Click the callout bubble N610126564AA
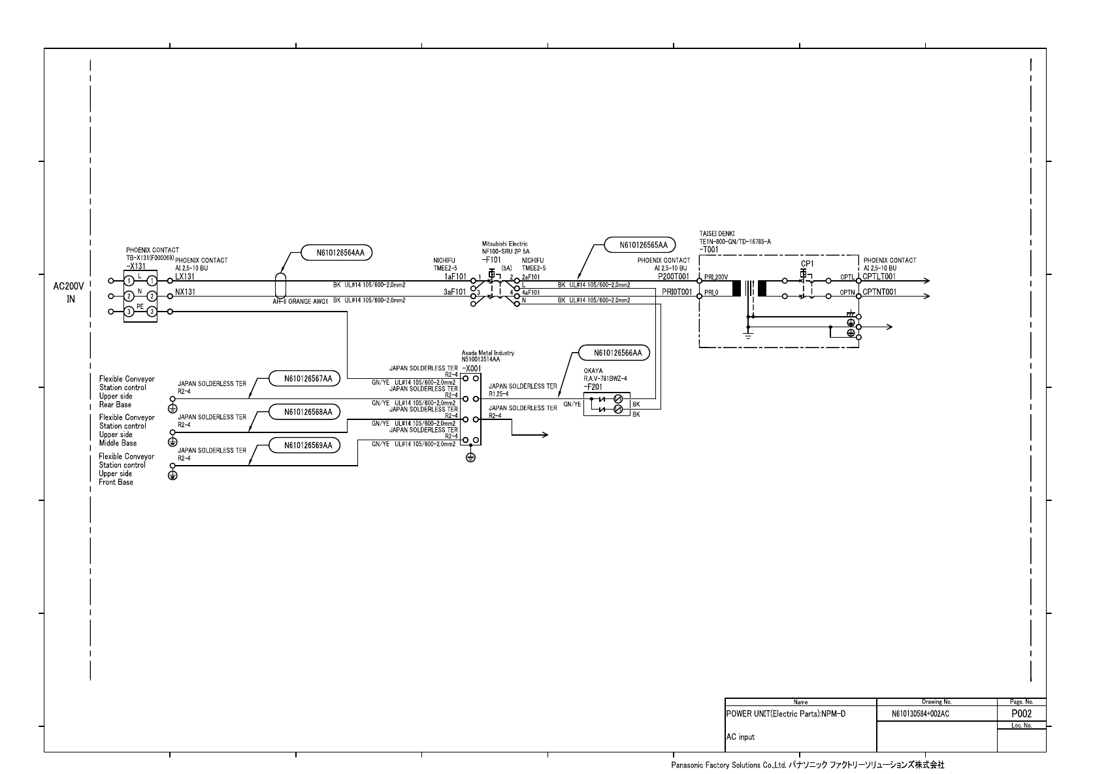(x=336, y=253)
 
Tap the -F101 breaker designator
(x=491, y=259)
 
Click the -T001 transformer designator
(x=709, y=250)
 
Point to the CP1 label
(x=807, y=263)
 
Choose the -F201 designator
(x=593, y=387)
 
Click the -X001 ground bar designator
(x=471, y=368)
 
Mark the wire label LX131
(x=185, y=276)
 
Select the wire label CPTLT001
(x=879, y=276)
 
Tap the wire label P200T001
(x=674, y=276)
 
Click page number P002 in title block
(x=1021, y=714)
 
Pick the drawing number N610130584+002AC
(x=920, y=714)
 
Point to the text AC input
(x=740, y=737)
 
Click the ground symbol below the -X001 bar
(x=470, y=457)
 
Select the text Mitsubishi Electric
(x=504, y=244)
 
